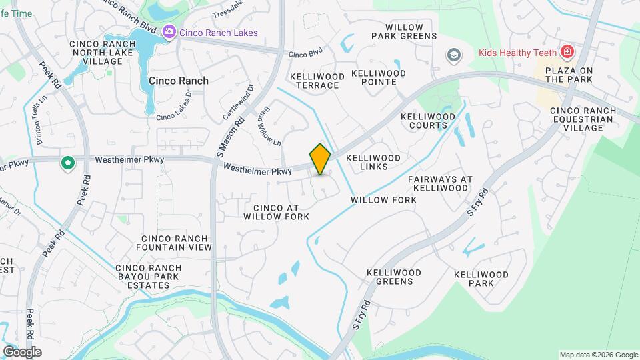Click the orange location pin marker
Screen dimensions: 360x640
(321, 159)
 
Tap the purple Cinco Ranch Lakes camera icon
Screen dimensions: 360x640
(169, 31)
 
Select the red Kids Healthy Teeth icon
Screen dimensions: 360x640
(567, 51)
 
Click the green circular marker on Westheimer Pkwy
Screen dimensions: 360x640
(67, 163)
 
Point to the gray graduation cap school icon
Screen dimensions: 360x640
(454, 54)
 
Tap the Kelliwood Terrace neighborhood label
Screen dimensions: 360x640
(317, 81)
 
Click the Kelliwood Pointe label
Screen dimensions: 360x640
(378, 77)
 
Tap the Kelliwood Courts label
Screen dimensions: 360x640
(427, 121)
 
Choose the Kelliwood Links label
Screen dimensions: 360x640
(373, 162)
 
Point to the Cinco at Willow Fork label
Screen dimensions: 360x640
(277, 212)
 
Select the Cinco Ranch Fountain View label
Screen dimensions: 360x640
(177, 243)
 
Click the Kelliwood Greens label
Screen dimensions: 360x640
(394, 277)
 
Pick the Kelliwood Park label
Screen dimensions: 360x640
(481, 279)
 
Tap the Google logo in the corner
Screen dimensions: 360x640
(22, 351)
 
